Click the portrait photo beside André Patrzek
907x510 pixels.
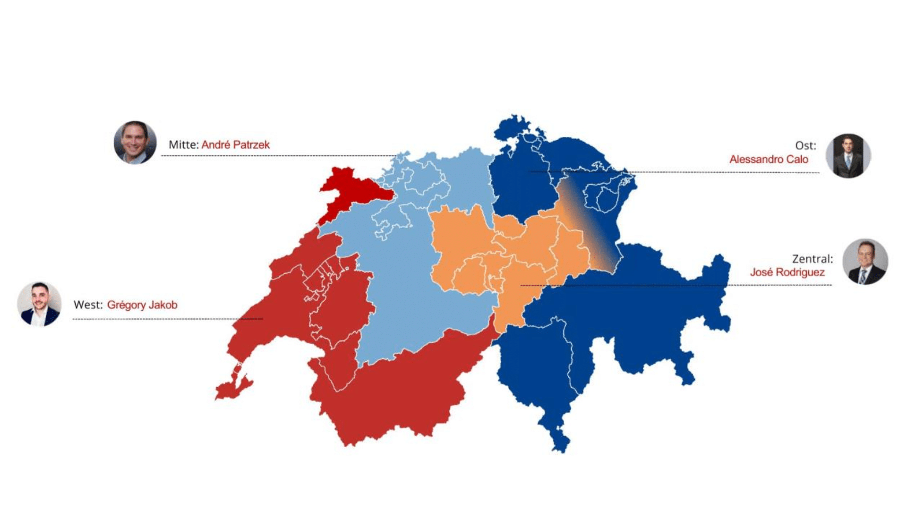(x=135, y=142)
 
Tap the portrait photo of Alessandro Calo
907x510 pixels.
(x=848, y=156)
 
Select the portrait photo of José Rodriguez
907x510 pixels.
(x=865, y=262)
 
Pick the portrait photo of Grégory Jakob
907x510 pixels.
(x=39, y=305)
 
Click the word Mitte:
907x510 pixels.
(x=184, y=144)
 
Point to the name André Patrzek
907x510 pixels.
(x=235, y=144)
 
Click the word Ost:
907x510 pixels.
(x=805, y=145)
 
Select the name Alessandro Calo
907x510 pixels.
(x=769, y=159)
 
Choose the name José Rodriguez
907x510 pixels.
(x=787, y=272)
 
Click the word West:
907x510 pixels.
(x=88, y=305)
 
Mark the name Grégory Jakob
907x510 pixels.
(x=142, y=305)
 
